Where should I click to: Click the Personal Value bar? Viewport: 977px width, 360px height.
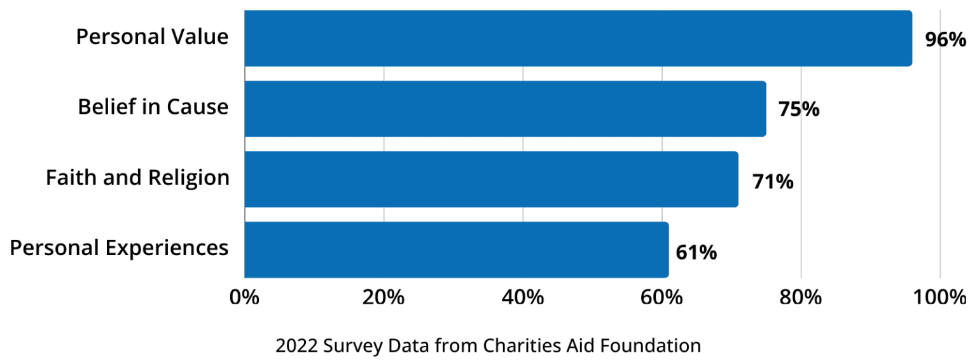pos(578,38)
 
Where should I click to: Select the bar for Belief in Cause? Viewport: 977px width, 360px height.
pos(505,109)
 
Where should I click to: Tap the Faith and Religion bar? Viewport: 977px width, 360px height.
pos(491,179)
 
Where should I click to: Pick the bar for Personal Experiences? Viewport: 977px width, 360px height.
pos(456,250)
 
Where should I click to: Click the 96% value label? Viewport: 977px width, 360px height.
pos(945,39)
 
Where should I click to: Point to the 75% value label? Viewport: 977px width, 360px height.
pos(799,109)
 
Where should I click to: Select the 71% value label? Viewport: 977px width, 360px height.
pos(772,182)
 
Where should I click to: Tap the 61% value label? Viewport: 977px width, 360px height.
pos(696,252)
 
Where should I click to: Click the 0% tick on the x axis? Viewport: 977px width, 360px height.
pos(245,297)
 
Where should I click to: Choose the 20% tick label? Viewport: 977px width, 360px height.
pos(384,297)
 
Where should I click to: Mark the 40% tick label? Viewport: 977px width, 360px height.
pos(522,297)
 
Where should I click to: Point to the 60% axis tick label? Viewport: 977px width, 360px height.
pos(662,297)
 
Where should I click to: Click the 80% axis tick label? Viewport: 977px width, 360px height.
pos(801,297)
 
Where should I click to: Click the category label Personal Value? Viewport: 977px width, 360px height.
pos(152,37)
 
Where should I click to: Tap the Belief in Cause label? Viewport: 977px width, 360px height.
pos(153,107)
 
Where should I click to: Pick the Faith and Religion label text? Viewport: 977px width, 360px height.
pos(137,177)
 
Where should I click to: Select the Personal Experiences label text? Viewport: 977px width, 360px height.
pos(120,247)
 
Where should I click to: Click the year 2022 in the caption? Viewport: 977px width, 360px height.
pos(296,346)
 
